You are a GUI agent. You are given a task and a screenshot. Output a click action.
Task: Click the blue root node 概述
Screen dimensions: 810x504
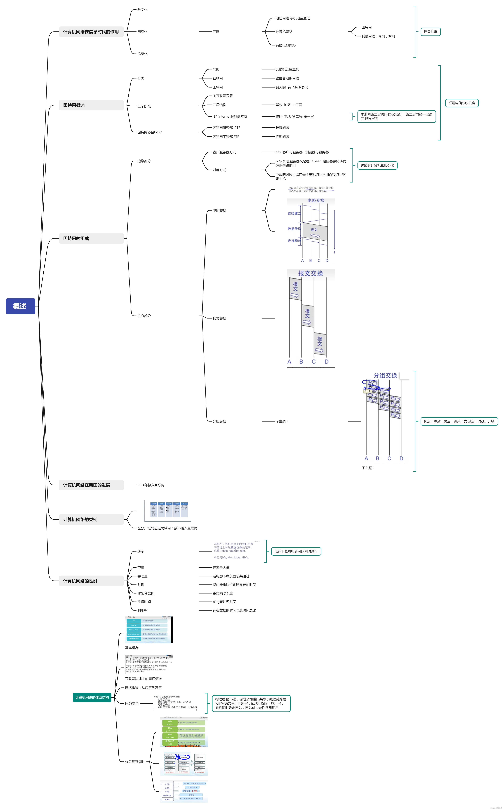tap(20, 306)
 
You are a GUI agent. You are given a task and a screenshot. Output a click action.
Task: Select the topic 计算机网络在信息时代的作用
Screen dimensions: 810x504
tap(91, 32)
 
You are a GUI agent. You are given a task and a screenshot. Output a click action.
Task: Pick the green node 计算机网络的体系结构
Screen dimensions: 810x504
tap(92, 697)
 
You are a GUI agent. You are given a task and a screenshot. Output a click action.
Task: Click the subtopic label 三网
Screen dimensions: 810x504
tap(216, 32)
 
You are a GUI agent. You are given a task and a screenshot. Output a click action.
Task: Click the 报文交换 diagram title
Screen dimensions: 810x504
tap(310, 273)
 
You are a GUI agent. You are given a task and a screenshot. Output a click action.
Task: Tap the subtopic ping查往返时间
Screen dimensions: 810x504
tap(224, 602)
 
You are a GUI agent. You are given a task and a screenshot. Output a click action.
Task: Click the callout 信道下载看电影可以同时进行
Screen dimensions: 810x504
tap(296, 551)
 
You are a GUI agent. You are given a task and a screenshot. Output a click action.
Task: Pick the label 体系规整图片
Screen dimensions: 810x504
tap(135, 762)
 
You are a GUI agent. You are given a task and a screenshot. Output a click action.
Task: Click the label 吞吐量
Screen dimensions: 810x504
tap(142, 576)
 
